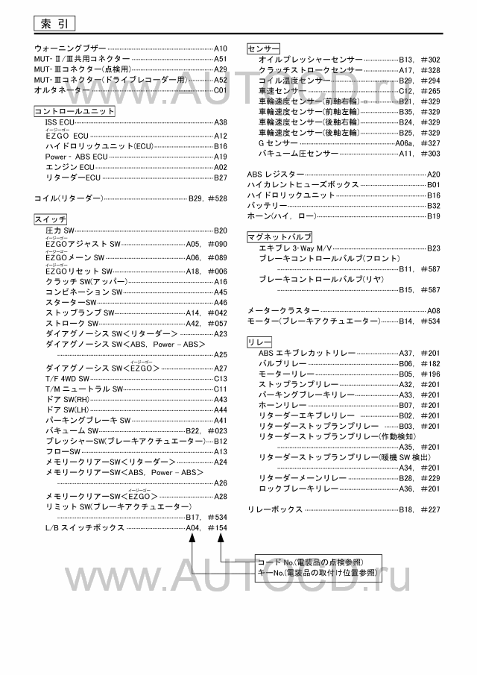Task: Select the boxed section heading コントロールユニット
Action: pyautogui.click(x=75, y=110)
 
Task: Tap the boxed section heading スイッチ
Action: pyautogui.click(x=51, y=219)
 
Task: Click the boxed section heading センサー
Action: pyautogui.click(x=262, y=48)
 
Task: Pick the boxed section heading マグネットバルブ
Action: pyautogui.click(x=279, y=236)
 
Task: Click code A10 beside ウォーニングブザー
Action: pyautogui.click(x=221, y=48)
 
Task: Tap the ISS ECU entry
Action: pyautogui.click(x=60, y=122)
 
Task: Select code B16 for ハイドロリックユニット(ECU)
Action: pyautogui.click(x=221, y=147)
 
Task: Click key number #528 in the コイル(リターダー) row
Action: pyautogui.click(x=217, y=199)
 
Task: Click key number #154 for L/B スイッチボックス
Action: pyautogui.click(x=217, y=527)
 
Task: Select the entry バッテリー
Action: pyautogui.click(x=267, y=205)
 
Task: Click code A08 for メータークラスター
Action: pyautogui.click(x=433, y=310)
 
